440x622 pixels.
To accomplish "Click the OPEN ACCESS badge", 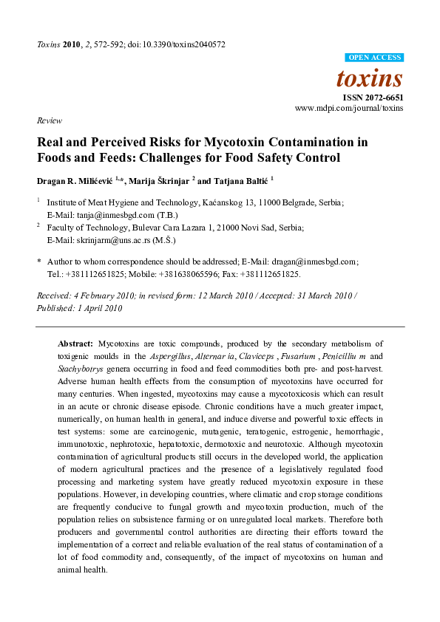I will pos(375,58).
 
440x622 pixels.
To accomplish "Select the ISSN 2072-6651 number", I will pos(372,97).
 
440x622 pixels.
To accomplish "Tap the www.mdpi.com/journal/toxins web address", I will pos(349,108).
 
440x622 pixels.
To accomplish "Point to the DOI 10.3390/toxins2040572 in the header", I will pos(181,44).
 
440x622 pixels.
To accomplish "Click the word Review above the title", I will pos(48,120).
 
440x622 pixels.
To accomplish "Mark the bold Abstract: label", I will pos(75,344).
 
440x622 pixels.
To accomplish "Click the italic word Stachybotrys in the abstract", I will pos(80,369).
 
